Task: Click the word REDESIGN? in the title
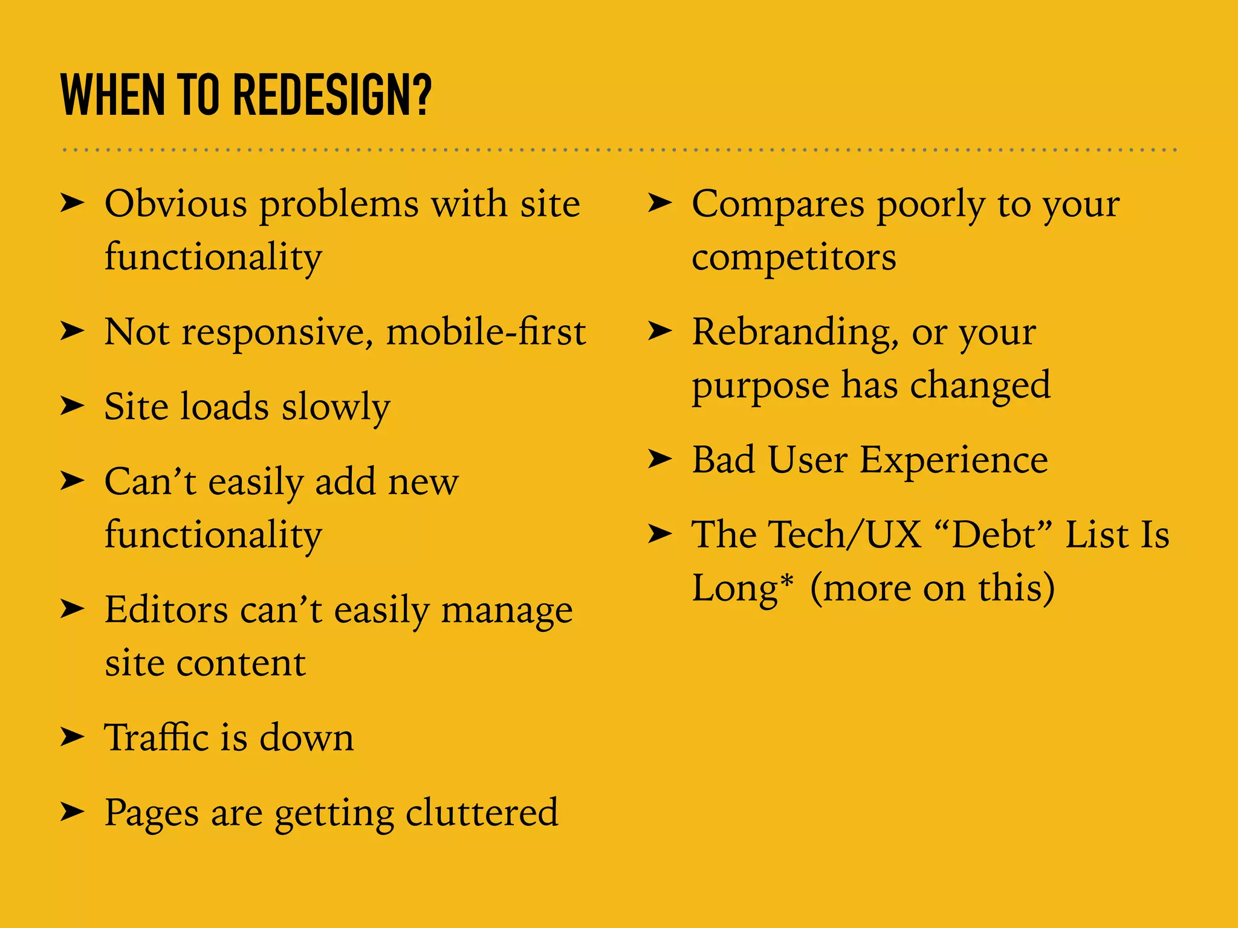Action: (332, 95)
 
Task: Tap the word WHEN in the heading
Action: (112, 95)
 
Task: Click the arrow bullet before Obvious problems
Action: (72, 204)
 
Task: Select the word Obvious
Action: (176, 204)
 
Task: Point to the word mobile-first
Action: (486, 332)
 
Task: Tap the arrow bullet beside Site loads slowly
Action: (72, 406)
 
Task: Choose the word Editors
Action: (166, 610)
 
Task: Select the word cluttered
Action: (482, 813)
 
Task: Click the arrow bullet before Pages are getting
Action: (72, 813)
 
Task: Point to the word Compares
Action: (778, 204)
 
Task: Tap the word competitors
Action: (794, 258)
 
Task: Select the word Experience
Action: (953, 460)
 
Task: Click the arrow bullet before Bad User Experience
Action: (660, 459)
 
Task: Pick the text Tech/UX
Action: (846, 535)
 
